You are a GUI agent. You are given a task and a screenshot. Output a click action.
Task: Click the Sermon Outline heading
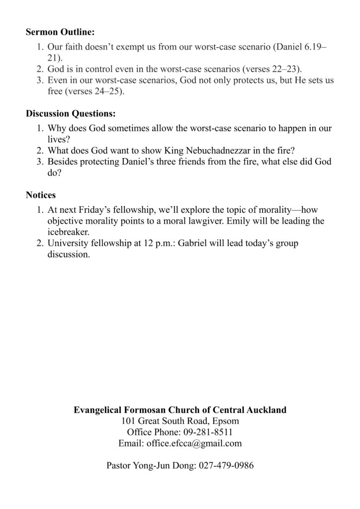point(60,33)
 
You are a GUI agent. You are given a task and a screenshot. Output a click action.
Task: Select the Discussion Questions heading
point(71,114)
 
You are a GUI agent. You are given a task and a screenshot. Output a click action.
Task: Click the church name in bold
point(180,410)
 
